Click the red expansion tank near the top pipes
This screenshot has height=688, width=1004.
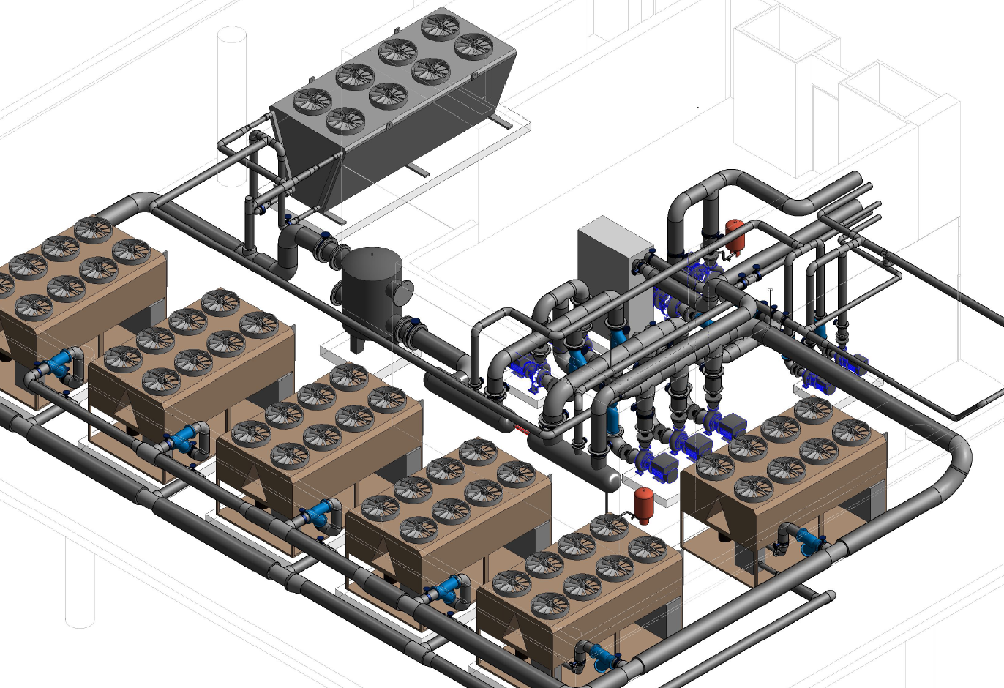pyautogui.click(x=734, y=233)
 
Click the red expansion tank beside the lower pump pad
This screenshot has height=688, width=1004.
pyautogui.click(x=644, y=504)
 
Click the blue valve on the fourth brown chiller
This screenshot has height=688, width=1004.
pyautogui.click(x=448, y=590)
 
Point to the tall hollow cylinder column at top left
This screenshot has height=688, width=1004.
pyautogui.click(x=233, y=81)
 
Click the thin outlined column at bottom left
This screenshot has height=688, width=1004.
pyautogui.click(x=80, y=586)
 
